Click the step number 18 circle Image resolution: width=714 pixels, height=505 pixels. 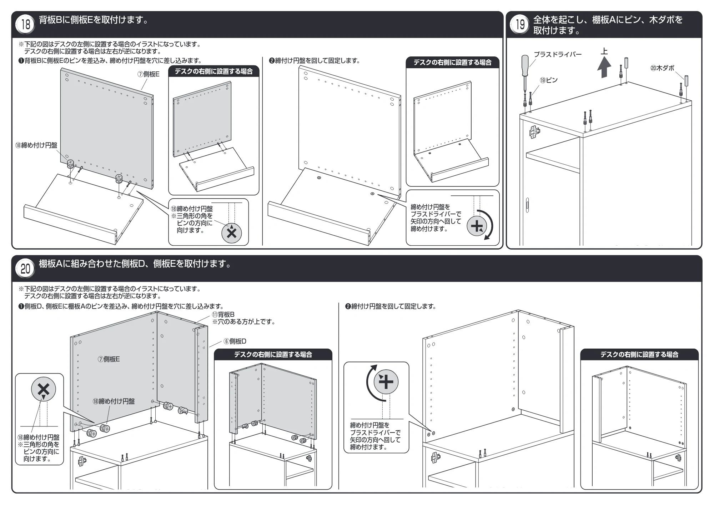click(x=26, y=25)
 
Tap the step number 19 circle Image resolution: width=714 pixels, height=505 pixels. click(x=520, y=25)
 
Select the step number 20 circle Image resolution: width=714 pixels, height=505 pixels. click(x=26, y=269)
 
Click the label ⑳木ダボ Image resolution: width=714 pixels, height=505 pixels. click(x=662, y=68)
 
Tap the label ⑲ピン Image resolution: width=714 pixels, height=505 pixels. click(x=548, y=80)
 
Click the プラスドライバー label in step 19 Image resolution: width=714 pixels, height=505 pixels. click(x=558, y=54)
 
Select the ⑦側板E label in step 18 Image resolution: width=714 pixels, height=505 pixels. click(x=149, y=74)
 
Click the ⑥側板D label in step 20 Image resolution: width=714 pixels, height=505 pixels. click(x=235, y=341)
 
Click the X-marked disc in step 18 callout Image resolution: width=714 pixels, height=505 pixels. click(x=232, y=233)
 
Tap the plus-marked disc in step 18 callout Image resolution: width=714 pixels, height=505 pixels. click(x=477, y=226)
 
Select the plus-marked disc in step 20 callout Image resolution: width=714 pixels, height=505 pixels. click(x=386, y=382)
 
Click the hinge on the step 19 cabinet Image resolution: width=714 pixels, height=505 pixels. click(x=534, y=132)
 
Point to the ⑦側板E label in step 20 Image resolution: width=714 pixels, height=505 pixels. click(x=109, y=359)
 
